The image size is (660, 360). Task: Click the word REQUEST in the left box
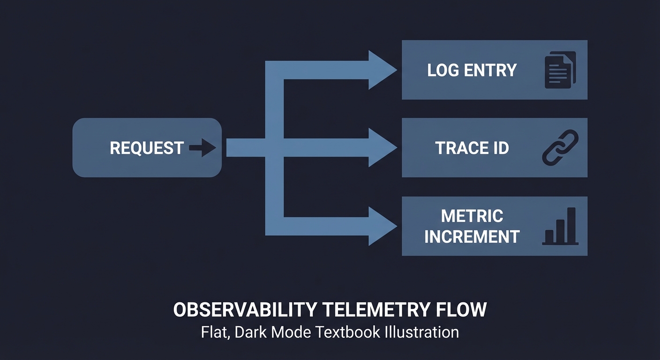[146, 148]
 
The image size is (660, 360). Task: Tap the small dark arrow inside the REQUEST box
[202, 148]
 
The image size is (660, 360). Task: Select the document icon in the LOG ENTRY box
[560, 70]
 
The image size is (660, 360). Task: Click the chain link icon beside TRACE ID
[560, 148]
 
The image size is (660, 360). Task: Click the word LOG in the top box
[443, 70]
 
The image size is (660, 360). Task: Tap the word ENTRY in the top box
[490, 70]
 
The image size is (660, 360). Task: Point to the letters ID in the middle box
[500, 148]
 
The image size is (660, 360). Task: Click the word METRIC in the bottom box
[472, 216]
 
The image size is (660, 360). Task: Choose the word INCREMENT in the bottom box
[472, 237]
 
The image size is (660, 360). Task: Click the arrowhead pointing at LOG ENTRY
[382, 70]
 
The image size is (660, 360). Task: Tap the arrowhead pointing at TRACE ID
[382, 148]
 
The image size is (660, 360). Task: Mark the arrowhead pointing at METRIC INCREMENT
[382, 226]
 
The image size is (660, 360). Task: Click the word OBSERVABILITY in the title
[245, 310]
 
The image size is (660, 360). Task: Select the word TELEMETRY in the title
[375, 310]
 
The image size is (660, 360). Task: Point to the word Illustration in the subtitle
[421, 332]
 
